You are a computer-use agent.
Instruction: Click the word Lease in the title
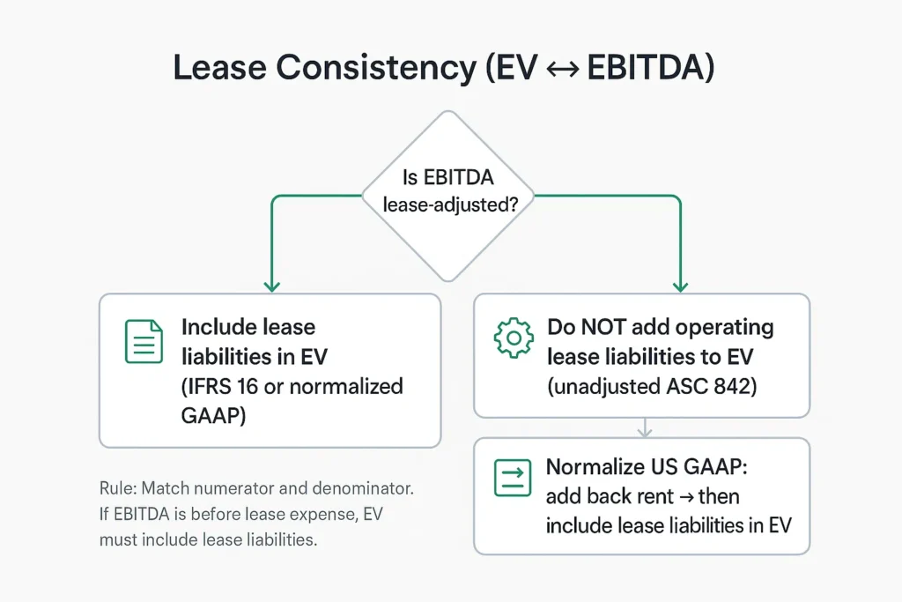coord(219,67)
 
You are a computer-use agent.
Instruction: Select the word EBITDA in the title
coord(646,67)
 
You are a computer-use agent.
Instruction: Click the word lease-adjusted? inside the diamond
coord(450,204)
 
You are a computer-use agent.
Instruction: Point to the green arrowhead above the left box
coord(271,286)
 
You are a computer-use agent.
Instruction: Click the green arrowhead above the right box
coord(681,286)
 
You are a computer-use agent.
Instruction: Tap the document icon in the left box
coord(144,341)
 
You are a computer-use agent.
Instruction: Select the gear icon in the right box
coord(514,338)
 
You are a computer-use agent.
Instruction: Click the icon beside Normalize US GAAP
coord(513,478)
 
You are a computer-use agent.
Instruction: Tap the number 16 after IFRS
coord(248,387)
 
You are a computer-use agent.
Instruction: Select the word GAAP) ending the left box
coord(213,415)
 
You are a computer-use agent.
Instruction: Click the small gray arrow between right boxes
coord(645,427)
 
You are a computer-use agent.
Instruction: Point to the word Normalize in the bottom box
coord(594,467)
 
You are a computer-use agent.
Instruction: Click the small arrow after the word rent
coord(686,497)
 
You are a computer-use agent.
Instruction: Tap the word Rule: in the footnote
coord(118,488)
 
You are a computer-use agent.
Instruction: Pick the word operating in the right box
coord(724,328)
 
